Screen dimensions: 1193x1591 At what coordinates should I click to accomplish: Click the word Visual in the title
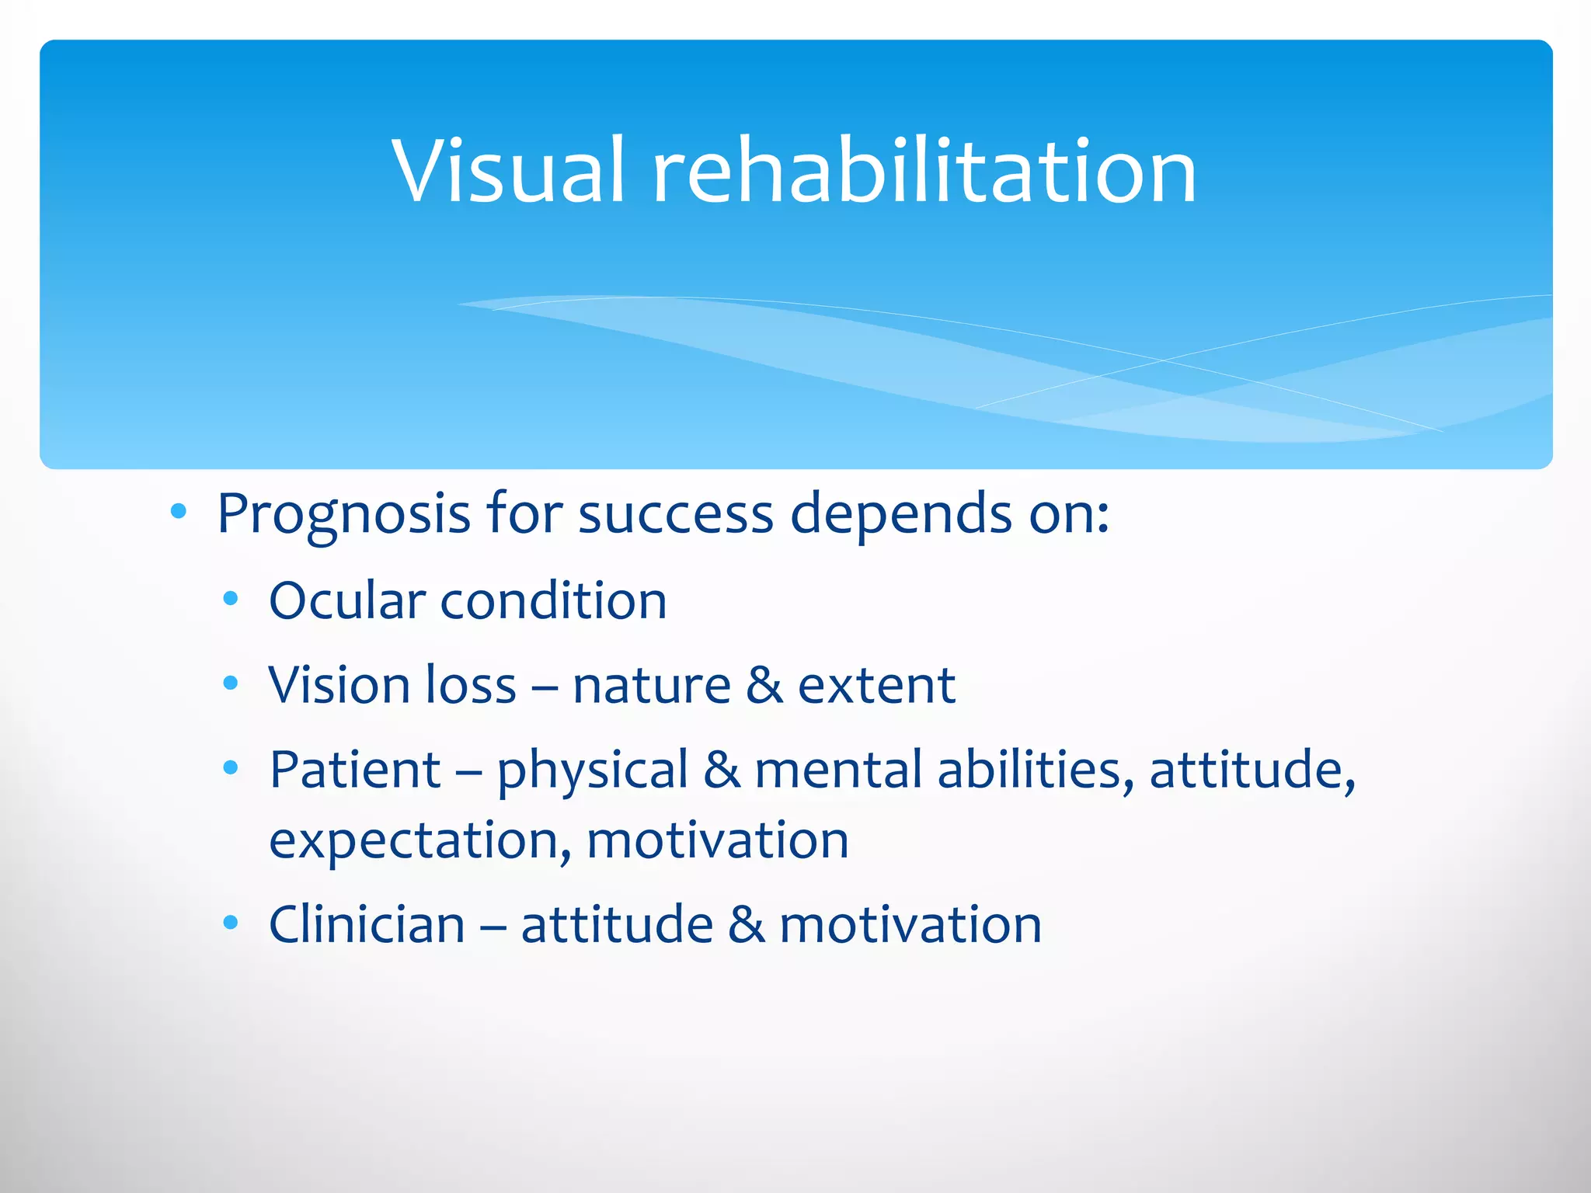509,171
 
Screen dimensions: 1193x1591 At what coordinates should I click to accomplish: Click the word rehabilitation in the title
924,171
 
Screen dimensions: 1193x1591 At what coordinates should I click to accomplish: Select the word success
676,514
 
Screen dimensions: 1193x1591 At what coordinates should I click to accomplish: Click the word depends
901,514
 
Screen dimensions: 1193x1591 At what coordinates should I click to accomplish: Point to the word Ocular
347,600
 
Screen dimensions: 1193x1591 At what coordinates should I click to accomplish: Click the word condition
553,600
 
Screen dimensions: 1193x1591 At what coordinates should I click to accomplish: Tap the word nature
651,685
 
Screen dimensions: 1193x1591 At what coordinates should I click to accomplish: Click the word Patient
355,770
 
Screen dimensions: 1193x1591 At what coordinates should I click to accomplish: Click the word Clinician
367,924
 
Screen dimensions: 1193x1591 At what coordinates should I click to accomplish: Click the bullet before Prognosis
179,511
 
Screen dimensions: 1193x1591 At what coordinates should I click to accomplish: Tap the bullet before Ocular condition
230,599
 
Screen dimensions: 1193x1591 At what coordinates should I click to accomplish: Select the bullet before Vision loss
230,683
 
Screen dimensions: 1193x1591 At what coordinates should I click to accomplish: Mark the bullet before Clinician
230,923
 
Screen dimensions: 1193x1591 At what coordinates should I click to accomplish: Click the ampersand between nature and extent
764,685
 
